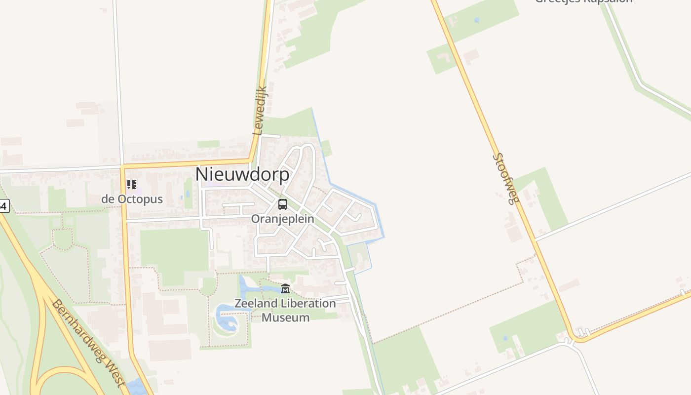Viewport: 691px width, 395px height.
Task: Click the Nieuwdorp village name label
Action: point(242,174)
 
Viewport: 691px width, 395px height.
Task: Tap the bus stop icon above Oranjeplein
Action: point(283,204)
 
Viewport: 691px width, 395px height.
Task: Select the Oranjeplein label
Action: point(282,218)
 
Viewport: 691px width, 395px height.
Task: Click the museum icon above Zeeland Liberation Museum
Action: point(285,288)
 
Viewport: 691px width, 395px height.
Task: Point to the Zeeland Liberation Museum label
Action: point(285,310)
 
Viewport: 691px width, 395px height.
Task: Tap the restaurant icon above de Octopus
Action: point(131,185)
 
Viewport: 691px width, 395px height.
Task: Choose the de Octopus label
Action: point(132,199)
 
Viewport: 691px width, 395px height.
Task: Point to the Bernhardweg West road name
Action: point(86,343)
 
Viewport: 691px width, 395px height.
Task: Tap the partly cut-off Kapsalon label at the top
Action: point(583,1)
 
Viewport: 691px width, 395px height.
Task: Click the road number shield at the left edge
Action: point(4,206)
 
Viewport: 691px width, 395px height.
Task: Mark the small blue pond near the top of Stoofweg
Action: point(476,20)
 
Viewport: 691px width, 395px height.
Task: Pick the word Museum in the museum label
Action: point(285,317)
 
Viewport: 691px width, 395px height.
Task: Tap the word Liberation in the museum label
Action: point(309,303)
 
